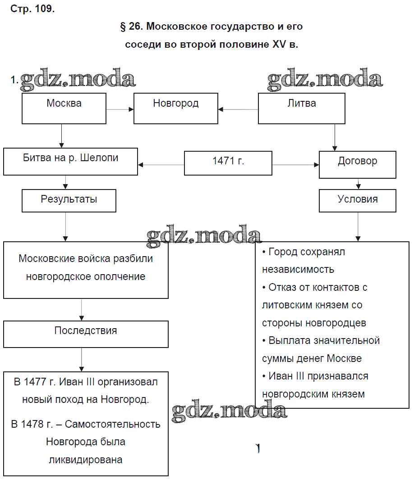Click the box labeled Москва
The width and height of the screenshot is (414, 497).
pyautogui.click(x=64, y=108)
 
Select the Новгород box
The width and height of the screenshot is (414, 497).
pyautogui.click(x=175, y=108)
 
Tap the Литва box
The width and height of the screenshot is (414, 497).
pyautogui.click(x=301, y=108)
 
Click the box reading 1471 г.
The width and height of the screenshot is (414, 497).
pyautogui.click(x=228, y=163)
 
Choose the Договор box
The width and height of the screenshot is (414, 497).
pyautogui.click(x=357, y=164)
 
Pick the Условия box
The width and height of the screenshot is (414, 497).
pyautogui.click(x=357, y=200)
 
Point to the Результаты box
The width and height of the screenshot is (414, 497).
pyautogui.click(x=69, y=200)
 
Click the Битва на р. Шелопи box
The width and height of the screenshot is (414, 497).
pyautogui.click(x=70, y=162)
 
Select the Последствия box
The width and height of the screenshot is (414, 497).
pyautogui.click(x=86, y=334)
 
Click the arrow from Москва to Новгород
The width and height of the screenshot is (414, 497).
pyautogui.click(x=120, y=109)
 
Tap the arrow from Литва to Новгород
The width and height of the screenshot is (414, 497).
pyautogui.click(x=238, y=109)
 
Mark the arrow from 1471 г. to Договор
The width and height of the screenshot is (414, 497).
pyautogui.click(x=295, y=165)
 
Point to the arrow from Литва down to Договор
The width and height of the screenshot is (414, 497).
pyautogui.click(x=335, y=137)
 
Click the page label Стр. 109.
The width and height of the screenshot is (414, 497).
pyautogui.click(x=32, y=9)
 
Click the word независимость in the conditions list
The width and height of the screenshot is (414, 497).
pyautogui.click(x=298, y=270)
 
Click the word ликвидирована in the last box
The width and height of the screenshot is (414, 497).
pyautogui.click(x=86, y=460)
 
